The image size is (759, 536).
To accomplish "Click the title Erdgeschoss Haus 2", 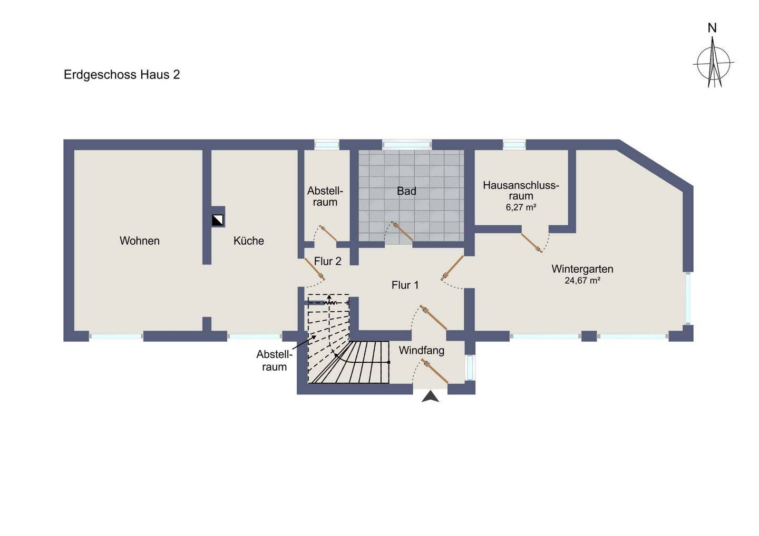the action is pyautogui.click(x=122, y=75).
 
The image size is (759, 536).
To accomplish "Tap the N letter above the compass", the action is pyautogui.click(x=712, y=28).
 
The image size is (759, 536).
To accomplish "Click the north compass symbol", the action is pyautogui.click(x=714, y=63).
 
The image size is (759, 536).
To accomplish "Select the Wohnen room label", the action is pyautogui.click(x=140, y=241).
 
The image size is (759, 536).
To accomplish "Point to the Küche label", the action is pyautogui.click(x=249, y=241).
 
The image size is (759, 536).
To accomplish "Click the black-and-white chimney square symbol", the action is pyautogui.click(x=218, y=220).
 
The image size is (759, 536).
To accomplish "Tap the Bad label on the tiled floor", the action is pyautogui.click(x=406, y=191).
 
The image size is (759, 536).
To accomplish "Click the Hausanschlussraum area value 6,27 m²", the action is pyautogui.click(x=521, y=207).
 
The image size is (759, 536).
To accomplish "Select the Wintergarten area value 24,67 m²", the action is pyautogui.click(x=582, y=281).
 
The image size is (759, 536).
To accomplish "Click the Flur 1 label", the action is pyautogui.click(x=405, y=285).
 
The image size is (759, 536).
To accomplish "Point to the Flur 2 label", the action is pyautogui.click(x=328, y=261).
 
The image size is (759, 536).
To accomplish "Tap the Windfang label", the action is pyautogui.click(x=422, y=350).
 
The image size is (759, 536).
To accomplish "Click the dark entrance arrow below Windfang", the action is pyautogui.click(x=430, y=396).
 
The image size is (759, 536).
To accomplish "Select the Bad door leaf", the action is pyautogui.click(x=402, y=232).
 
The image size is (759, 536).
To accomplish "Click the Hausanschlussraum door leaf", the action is pyautogui.click(x=531, y=243).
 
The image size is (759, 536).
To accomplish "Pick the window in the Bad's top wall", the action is pyautogui.click(x=407, y=145).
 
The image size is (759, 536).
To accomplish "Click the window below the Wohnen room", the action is pyautogui.click(x=116, y=336).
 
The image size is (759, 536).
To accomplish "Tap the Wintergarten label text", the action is pyautogui.click(x=582, y=269).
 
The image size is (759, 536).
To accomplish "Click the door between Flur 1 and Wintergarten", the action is pyautogui.click(x=452, y=267).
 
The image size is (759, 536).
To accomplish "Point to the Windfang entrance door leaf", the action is pyautogui.click(x=435, y=371).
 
